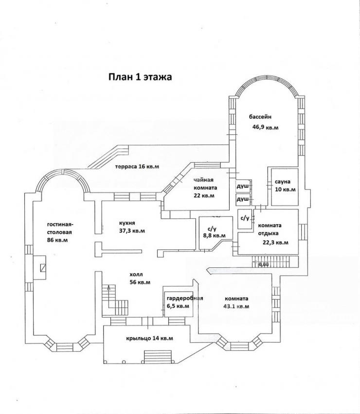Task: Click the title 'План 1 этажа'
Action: tap(140, 77)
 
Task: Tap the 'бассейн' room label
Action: tap(260, 116)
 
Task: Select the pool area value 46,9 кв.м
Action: tap(266, 127)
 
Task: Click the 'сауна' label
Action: tap(283, 182)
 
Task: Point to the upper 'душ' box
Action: tap(243, 187)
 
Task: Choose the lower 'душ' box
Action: tap(243, 200)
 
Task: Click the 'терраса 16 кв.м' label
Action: tap(137, 167)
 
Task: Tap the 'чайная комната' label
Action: tap(205, 184)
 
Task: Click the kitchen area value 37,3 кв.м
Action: tap(132, 231)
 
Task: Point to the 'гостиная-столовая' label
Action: tap(60, 228)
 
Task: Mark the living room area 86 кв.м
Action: tap(57, 240)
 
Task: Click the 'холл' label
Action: tap(136, 275)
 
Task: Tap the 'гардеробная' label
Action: tap(185, 299)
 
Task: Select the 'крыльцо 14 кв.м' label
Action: tap(149, 338)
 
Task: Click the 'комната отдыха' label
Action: tap(270, 229)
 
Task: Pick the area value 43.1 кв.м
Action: tap(236, 306)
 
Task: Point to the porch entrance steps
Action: tap(158, 357)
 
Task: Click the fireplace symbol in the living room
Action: tap(43, 267)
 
